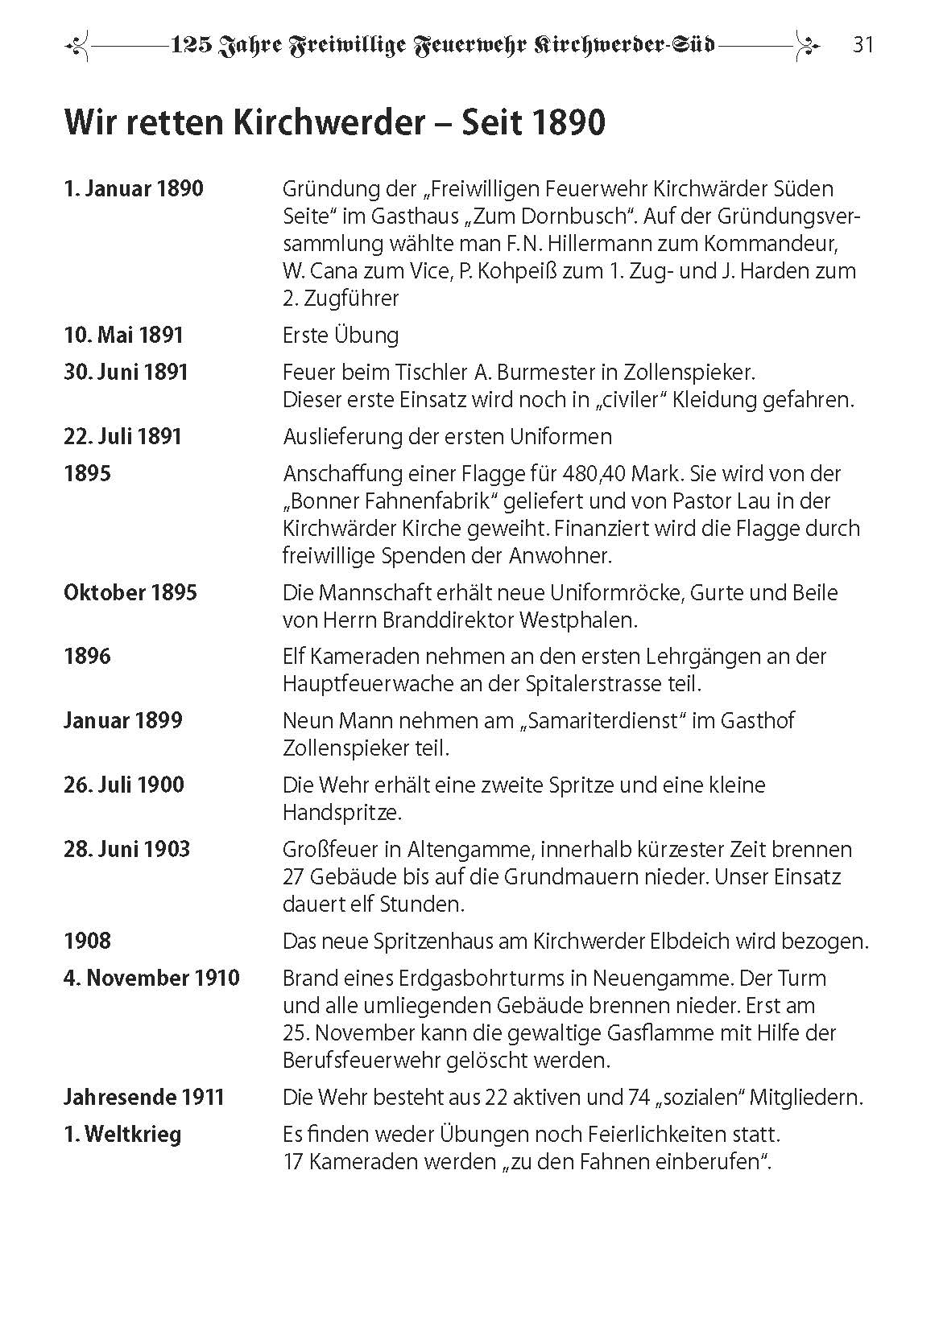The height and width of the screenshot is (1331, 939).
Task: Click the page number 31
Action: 863,45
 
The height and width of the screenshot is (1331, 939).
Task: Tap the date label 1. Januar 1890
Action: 134,189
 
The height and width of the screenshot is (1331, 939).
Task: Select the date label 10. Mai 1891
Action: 124,335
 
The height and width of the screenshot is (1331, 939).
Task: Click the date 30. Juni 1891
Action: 126,372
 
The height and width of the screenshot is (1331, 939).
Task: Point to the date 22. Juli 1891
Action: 123,436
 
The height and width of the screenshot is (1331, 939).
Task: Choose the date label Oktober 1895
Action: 130,592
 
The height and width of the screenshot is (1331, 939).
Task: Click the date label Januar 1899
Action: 123,720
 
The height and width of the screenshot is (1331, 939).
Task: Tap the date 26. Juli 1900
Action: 124,785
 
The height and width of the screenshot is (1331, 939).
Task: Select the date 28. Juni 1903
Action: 127,849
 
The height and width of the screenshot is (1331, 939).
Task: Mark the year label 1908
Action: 87,941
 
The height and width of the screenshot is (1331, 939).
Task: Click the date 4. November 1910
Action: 152,978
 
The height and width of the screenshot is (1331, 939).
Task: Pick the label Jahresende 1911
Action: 144,1097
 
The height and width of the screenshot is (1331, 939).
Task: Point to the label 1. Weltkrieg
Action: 122,1134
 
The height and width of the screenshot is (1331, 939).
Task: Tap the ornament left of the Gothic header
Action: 78,46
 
